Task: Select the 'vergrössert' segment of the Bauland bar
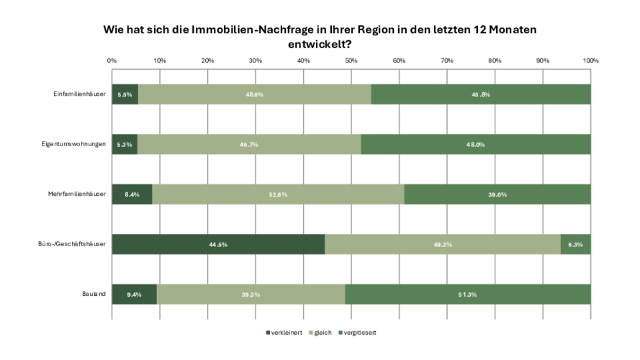pyautogui.click(x=468, y=294)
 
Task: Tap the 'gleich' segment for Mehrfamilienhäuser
pyautogui.click(x=278, y=194)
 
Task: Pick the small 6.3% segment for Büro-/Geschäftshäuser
pyautogui.click(x=575, y=244)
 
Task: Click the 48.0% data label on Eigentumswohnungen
pyautogui.click(x=475, y=144)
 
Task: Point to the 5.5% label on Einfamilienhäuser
pyautogui.click(x=125, y=94)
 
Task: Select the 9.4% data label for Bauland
pyautogui.click(x=134, y=294)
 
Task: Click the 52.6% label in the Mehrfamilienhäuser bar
pyautogui.click(x=278, y=194)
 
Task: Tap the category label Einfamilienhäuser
pyautogui.click(x=80, y=94)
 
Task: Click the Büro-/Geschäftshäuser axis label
pyautogui.click(x=72, y=244)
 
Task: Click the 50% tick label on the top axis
pyautogui.click(x=351, y=60)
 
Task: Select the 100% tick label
pyautogui.click(x=590, y=60)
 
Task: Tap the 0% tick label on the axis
pyautogui.click(x=112, y=60)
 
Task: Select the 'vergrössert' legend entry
pyautogui.click(x=359, y=332)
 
